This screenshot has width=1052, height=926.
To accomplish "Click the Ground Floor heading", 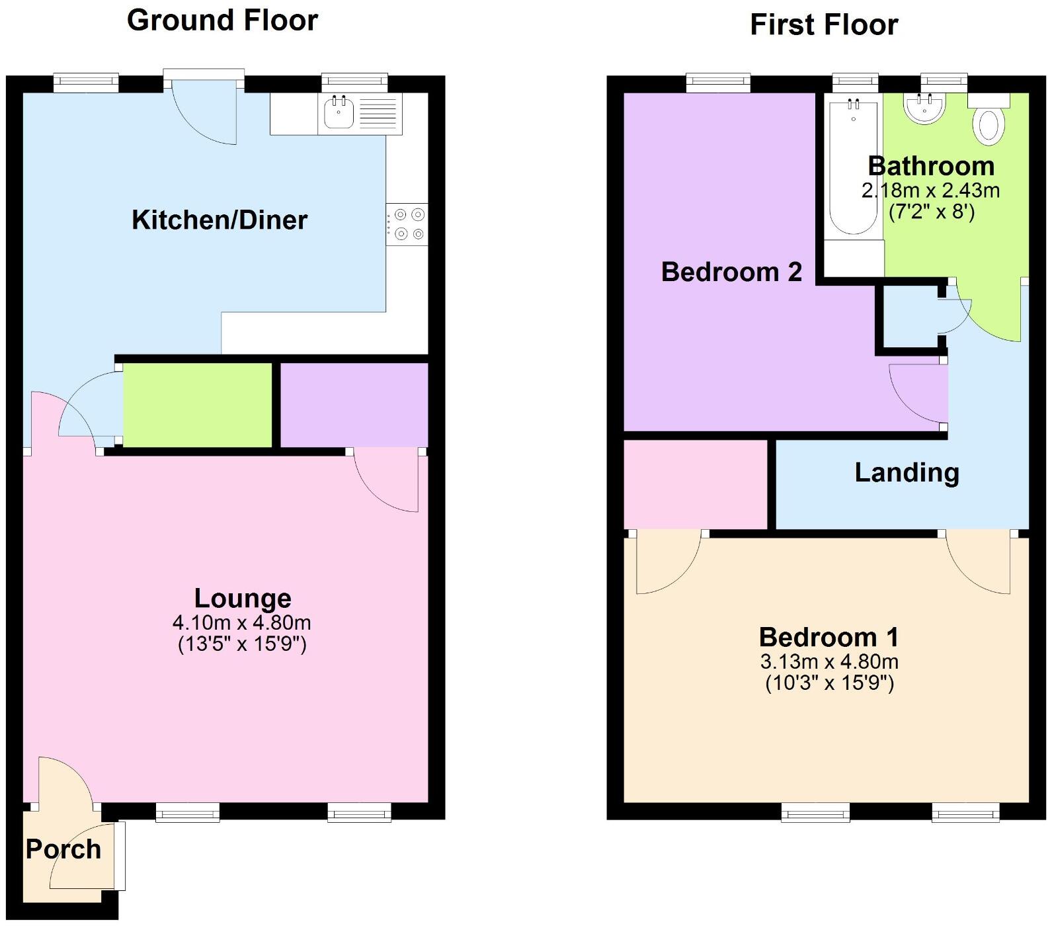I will tap(222, 21).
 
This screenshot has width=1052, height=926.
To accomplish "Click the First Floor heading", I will tap(823, 25).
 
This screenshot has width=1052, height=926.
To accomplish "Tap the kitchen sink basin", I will tap(339, 114).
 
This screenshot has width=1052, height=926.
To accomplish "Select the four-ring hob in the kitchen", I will tap(408, 224).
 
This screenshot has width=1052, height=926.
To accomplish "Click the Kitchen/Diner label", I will tap(220, 220).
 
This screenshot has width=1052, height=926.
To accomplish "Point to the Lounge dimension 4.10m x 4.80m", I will tap(241, 622).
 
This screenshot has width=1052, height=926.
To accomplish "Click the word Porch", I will tap(63, 849).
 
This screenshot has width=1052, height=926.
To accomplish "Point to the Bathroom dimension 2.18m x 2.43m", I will tap(930, 191).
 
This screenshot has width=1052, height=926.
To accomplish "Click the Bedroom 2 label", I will tap(731, 272).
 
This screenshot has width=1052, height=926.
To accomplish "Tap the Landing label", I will tap(907, 472).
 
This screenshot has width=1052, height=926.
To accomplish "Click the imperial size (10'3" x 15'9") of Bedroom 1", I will tap(829, 683).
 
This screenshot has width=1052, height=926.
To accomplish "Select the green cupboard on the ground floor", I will tap(198, 405).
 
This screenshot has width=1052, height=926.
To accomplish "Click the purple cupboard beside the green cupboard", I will tap(354, 405).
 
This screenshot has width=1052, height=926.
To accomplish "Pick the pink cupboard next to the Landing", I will tap(696, 484).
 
